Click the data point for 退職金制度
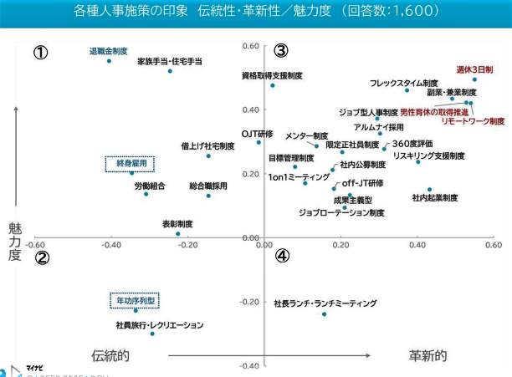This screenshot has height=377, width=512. point(109,61)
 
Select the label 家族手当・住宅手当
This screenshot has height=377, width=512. point(170,61)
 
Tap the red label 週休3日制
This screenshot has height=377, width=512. point(474,69)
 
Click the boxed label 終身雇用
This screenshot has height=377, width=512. point(131,163)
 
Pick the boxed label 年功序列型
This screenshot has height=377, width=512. point(136,299)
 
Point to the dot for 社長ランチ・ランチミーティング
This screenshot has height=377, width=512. point(324,314)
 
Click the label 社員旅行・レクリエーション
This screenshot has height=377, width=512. point(159,324)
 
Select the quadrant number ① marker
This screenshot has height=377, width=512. point(40,52)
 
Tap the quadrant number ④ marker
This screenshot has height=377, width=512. point(282,256)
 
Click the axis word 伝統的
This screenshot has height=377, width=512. point(110,355)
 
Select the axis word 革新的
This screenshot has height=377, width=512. point(428,355)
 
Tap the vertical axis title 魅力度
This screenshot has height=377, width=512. point(14,241)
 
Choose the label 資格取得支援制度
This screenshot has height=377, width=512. point(272,75)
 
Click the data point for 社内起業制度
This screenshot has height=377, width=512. point(430,190)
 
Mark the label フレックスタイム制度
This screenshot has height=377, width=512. point(404,83)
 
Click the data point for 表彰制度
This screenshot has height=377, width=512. point(177,233)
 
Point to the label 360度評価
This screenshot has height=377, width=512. point(412,143)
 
